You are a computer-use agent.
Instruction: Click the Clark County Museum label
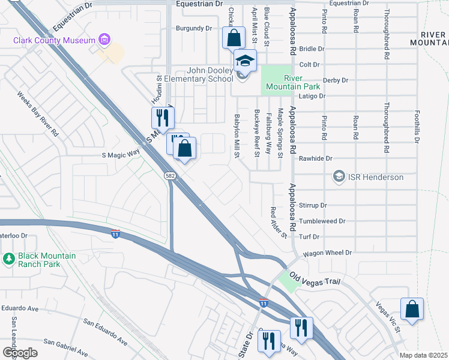[x=55, y=40]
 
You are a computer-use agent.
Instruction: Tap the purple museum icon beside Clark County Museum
[x=105, y=40]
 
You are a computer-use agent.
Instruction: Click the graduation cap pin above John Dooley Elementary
[x=244, y=60]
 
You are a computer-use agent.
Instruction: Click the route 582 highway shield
[x=170, y=175]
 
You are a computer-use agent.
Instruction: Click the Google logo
[x=19, y=352]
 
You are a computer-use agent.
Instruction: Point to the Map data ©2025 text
[x=423, y=355]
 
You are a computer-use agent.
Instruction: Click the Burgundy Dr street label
[x=194, y=28]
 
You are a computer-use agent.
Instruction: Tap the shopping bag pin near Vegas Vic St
[x=412, y=310]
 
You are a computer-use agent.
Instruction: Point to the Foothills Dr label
[x=416, y=127]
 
